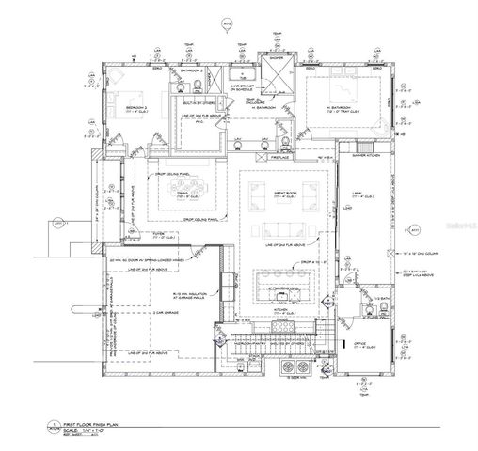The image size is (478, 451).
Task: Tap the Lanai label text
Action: (358, 194)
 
